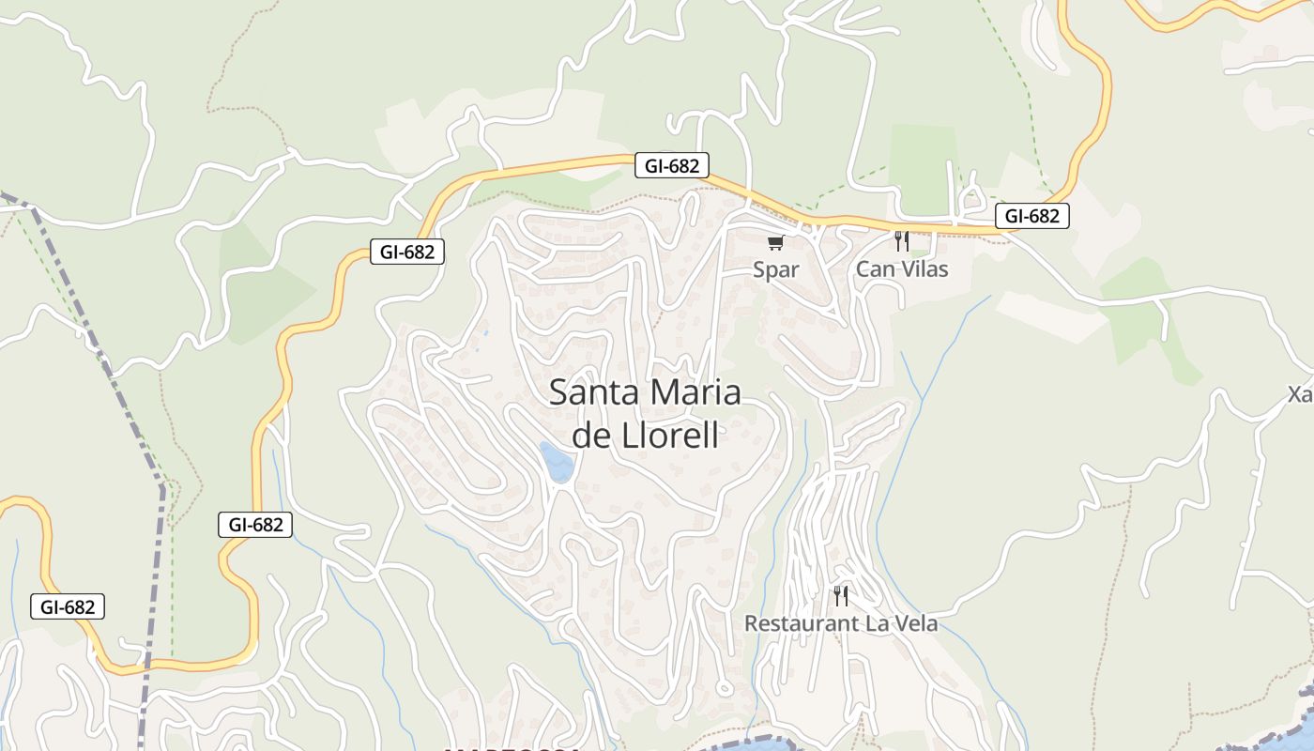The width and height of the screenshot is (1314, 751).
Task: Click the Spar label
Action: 776,270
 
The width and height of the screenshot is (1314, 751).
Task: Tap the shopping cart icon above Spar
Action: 775,243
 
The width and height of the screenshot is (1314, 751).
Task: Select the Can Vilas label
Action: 902,270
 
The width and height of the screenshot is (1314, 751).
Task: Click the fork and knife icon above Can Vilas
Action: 902,241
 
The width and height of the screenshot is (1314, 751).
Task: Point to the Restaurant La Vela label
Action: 841,623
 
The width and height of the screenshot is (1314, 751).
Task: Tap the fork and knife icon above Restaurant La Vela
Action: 841,595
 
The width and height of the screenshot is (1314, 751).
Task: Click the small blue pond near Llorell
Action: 558,463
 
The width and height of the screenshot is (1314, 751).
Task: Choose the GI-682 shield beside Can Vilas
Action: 1031,216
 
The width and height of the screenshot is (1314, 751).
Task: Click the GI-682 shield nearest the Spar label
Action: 671,166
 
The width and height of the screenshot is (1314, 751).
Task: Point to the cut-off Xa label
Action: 1301,394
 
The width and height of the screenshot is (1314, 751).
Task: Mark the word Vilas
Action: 921,270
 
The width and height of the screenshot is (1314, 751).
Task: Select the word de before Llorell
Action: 592,437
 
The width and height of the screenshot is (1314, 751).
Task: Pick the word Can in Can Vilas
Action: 872,270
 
